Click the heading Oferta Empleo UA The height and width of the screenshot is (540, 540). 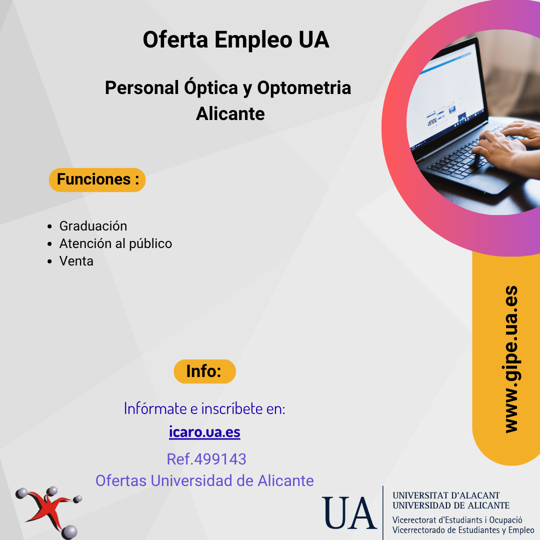236,40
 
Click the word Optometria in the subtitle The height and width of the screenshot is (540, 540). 304,88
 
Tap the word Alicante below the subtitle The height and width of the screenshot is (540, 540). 230,113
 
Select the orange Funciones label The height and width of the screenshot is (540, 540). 97,180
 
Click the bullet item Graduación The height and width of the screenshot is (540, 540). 93,226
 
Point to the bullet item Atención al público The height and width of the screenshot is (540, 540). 115,243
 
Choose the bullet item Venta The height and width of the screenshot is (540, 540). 76,261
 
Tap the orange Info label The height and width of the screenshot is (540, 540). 204,371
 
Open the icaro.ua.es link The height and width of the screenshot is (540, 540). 204,432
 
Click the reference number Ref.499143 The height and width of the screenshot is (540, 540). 206,459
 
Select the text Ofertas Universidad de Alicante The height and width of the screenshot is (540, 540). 204,480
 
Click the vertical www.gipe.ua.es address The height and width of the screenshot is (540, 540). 511,359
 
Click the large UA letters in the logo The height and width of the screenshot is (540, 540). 349,513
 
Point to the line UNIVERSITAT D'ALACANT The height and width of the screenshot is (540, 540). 446,495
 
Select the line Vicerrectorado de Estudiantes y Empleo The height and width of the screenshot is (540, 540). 463,530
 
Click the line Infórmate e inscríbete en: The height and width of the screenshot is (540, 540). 204,409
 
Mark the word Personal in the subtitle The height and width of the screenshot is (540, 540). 142,88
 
